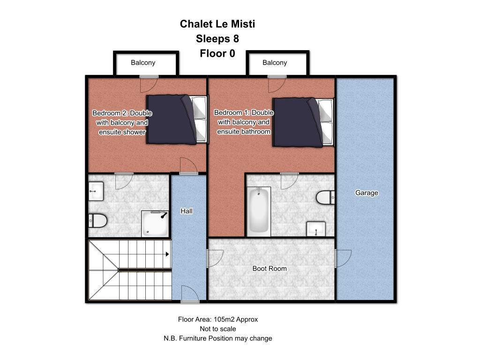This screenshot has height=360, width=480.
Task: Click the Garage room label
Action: (367, 193)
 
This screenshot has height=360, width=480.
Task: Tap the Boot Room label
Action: (270, 269)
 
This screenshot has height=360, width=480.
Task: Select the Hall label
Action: (187, 211)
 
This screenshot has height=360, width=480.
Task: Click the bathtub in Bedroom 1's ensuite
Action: (259, 211)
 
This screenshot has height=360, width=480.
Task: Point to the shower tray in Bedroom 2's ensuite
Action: (155, 224)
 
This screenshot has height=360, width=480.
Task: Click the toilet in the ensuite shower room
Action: (97, 220)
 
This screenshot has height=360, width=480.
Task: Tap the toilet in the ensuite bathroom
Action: (325, 197)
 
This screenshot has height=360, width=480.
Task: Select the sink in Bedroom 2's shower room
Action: (96, 191)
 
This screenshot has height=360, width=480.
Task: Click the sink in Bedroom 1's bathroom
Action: (316, 229)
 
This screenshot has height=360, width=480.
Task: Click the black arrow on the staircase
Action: (167, 254)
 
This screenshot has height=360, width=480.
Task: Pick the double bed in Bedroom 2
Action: (177, 120)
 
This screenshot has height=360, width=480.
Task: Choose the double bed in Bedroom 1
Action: (303, 122)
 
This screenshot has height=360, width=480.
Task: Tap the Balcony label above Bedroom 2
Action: (143, 63)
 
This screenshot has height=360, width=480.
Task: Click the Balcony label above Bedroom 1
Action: (275, 63)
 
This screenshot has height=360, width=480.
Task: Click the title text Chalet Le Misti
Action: (217, 24)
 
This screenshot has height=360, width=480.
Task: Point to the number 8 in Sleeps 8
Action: (236, 38)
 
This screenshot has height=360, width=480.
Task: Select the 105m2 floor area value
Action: (224, 319)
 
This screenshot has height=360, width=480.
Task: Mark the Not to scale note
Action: (217, 329)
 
